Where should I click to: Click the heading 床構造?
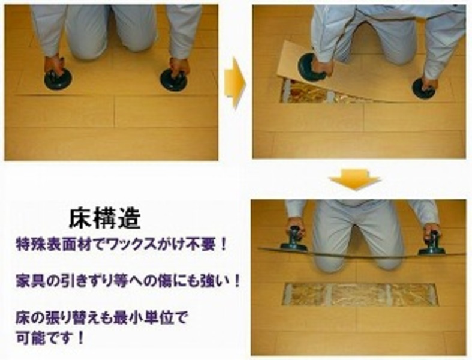click(105, 218)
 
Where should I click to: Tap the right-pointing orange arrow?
click(235, 82)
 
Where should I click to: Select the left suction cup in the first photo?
click(58, 79)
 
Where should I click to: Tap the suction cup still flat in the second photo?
click(425, 89)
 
